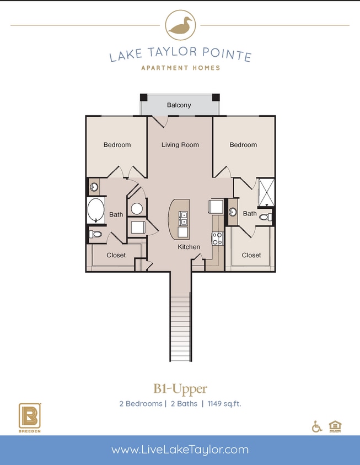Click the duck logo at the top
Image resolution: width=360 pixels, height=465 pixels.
pos(180,25)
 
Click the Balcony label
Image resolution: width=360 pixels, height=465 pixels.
pos(179,105)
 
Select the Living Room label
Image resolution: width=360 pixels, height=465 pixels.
pos(180,145)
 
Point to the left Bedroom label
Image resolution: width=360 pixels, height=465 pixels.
pos(117,145)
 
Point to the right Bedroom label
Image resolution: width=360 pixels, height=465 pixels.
pos(243,145)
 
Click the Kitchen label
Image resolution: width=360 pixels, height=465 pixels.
pos(189,247)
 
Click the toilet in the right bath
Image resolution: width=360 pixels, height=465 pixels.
pos(265,217)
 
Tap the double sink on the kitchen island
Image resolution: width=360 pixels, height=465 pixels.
pos(184,218)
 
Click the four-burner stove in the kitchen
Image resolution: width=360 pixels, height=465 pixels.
pos(217,239)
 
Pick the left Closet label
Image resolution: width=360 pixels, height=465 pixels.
pos(116,255)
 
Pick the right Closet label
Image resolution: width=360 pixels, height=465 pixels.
pos(251,255)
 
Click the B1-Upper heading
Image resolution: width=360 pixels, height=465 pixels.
pos(180,390)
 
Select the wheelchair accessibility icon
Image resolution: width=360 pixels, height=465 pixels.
pos(317,426)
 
